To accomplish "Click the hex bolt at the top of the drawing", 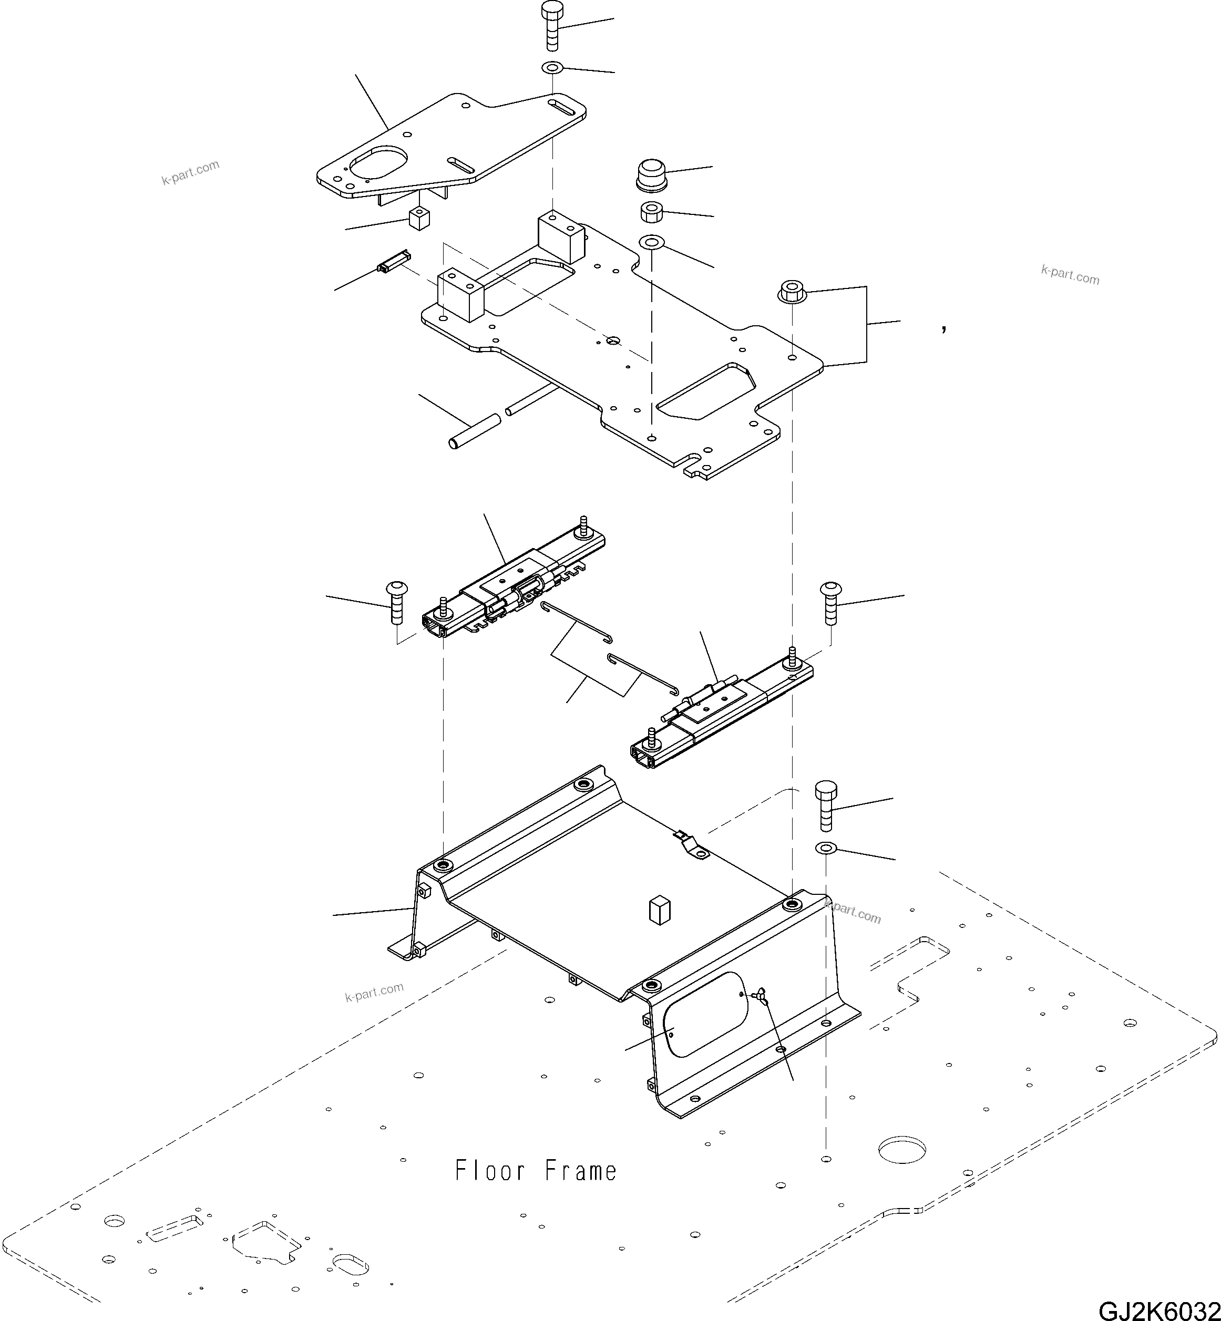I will (551, 26).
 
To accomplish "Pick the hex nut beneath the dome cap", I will (651, 213).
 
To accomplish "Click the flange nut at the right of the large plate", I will (791, 291).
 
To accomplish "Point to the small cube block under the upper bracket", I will (419, 218).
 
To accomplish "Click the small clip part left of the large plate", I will (394, 262).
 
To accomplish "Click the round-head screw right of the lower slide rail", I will (830, 602).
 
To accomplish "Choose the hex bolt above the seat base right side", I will (826, 806).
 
